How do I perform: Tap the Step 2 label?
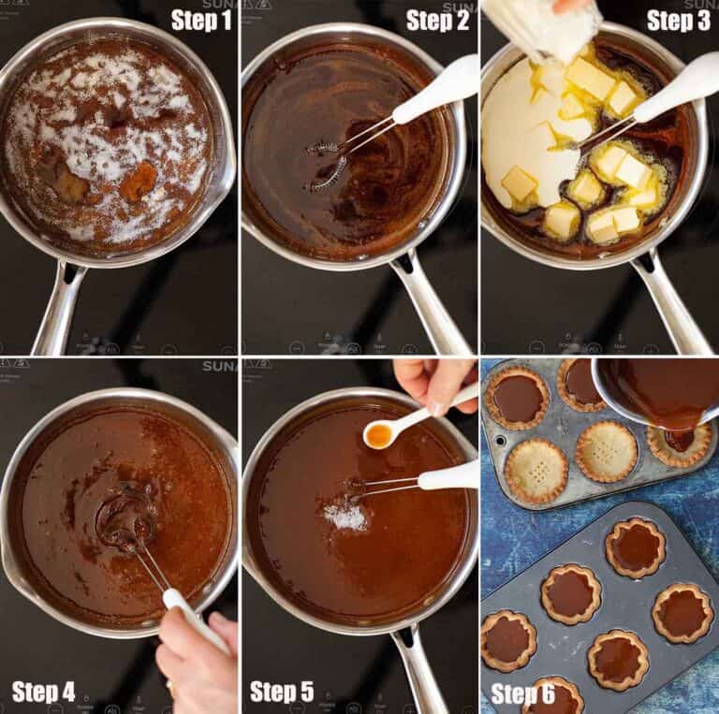[x=437, y=20]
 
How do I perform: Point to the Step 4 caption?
[x=43, y=692]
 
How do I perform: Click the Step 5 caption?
[x=282, y=692]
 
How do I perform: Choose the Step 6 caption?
[x=522, y=693]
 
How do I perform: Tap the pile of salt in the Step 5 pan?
[x=347, y=514]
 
